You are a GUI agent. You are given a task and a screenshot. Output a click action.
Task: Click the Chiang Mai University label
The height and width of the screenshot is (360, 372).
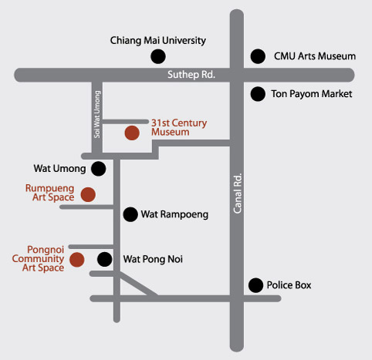pos(158,41)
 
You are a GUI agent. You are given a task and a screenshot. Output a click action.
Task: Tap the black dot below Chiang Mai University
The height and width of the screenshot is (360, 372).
pos(158,56)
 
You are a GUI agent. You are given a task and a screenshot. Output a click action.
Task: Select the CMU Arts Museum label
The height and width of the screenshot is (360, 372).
pos(315,56)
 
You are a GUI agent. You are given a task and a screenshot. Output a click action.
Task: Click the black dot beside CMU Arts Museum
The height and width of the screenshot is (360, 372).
pos(258,56)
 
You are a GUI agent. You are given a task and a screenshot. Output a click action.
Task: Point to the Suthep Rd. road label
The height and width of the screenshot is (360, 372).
pos(191,75)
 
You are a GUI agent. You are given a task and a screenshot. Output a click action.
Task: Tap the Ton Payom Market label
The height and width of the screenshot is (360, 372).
pos(312,94)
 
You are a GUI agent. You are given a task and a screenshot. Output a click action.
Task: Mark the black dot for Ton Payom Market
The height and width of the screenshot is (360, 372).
pos(258,94)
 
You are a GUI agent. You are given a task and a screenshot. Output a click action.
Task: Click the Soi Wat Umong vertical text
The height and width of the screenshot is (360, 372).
pos(97,114)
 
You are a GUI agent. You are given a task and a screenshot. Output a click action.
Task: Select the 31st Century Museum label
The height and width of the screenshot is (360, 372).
pos(179,127)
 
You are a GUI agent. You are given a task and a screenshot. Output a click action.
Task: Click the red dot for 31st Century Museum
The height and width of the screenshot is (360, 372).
pos(132,133)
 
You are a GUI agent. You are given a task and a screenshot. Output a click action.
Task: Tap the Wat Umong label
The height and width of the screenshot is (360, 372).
pos(59,169)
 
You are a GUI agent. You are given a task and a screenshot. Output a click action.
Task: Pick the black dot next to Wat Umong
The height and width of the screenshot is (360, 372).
pos(98,169)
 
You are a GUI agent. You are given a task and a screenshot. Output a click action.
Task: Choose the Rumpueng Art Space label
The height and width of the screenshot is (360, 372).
pos(50,193)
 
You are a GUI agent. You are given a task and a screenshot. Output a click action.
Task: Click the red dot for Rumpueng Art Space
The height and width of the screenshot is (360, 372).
pos(88,194)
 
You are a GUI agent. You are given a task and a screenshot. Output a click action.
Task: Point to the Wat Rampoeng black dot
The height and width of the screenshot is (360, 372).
pos(130,214)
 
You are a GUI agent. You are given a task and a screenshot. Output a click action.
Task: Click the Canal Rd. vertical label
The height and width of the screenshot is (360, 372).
pos(238,193)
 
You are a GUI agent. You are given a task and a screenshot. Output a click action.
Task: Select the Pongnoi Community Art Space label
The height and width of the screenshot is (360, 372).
pos(38,258)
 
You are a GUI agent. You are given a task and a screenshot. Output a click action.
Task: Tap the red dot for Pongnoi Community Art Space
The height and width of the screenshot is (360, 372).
pos(77,260)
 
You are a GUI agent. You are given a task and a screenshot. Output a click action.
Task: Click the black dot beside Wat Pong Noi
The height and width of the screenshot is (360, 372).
pos(104,259)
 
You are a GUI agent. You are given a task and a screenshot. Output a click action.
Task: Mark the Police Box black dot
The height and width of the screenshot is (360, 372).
pos(255,285)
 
